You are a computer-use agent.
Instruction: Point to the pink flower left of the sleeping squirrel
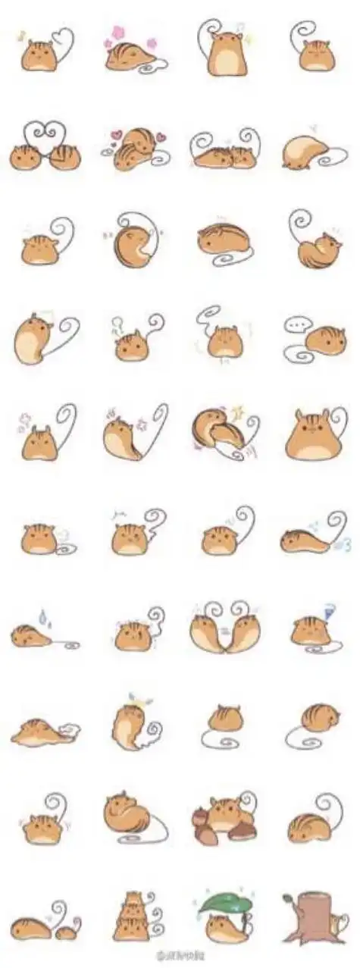coord(118,33)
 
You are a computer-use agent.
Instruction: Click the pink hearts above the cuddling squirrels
coord(114,137)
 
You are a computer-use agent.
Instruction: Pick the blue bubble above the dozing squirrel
coord(328,608)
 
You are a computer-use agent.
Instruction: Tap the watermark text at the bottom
coord(179,957)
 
